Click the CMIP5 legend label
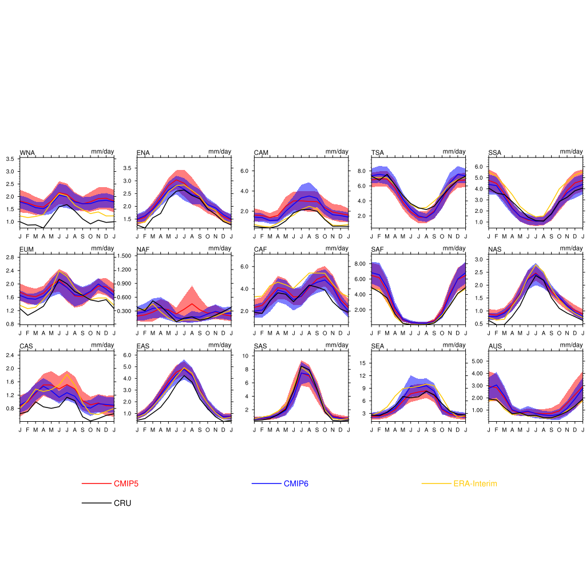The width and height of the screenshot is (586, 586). [126, 484]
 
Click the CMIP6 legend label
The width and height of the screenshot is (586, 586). [296, 484]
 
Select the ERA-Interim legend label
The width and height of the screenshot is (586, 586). [475, 484]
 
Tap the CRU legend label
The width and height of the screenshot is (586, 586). [122, 503]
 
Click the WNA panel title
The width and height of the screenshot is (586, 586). [27, 153]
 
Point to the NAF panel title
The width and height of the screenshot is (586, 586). [143, 250]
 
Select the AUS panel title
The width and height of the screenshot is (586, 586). [495, 346]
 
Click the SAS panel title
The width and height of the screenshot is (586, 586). [261, 346]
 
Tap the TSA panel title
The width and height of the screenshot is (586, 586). [378, 153]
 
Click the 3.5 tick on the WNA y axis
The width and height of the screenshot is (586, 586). [10, 159]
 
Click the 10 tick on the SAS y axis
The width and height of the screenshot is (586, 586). [244, 356]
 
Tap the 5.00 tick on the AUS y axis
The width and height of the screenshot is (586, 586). [477, 361]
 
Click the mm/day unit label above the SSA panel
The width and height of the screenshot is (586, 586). [571, 152]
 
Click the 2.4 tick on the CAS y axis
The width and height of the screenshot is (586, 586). [10, 355]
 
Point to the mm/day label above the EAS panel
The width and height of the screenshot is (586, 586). [220, 345]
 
